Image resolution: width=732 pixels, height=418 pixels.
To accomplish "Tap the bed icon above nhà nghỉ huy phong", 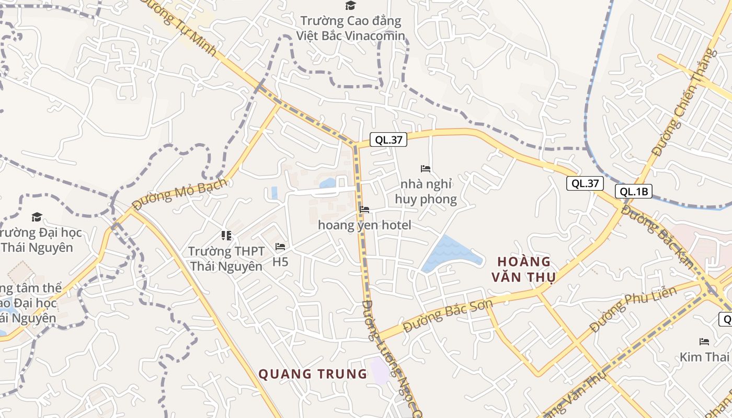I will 426,169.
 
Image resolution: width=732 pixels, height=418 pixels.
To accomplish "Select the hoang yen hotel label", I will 364,225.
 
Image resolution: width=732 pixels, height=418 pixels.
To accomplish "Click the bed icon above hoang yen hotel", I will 364,210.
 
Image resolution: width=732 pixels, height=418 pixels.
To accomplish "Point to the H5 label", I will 280,261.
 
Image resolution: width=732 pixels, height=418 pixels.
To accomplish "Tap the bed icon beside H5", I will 280,247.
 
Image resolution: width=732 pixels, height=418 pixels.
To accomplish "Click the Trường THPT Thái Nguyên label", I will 226,259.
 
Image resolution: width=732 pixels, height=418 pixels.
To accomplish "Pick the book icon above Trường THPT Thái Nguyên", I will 226,236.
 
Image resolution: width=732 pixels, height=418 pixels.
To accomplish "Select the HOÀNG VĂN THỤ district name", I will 524,269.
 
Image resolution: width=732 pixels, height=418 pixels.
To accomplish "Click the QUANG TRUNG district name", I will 313,374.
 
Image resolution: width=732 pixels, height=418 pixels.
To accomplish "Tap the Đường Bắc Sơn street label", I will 448,316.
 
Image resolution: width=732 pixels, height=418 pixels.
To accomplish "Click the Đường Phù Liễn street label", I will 632,309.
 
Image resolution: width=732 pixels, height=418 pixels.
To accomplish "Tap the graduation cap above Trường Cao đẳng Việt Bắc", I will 350,6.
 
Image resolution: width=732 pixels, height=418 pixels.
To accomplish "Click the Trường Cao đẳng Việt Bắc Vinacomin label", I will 350,28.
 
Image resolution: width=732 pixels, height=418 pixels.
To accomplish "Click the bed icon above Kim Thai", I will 704,342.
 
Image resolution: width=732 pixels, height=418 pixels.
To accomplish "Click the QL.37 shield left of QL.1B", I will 585,183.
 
